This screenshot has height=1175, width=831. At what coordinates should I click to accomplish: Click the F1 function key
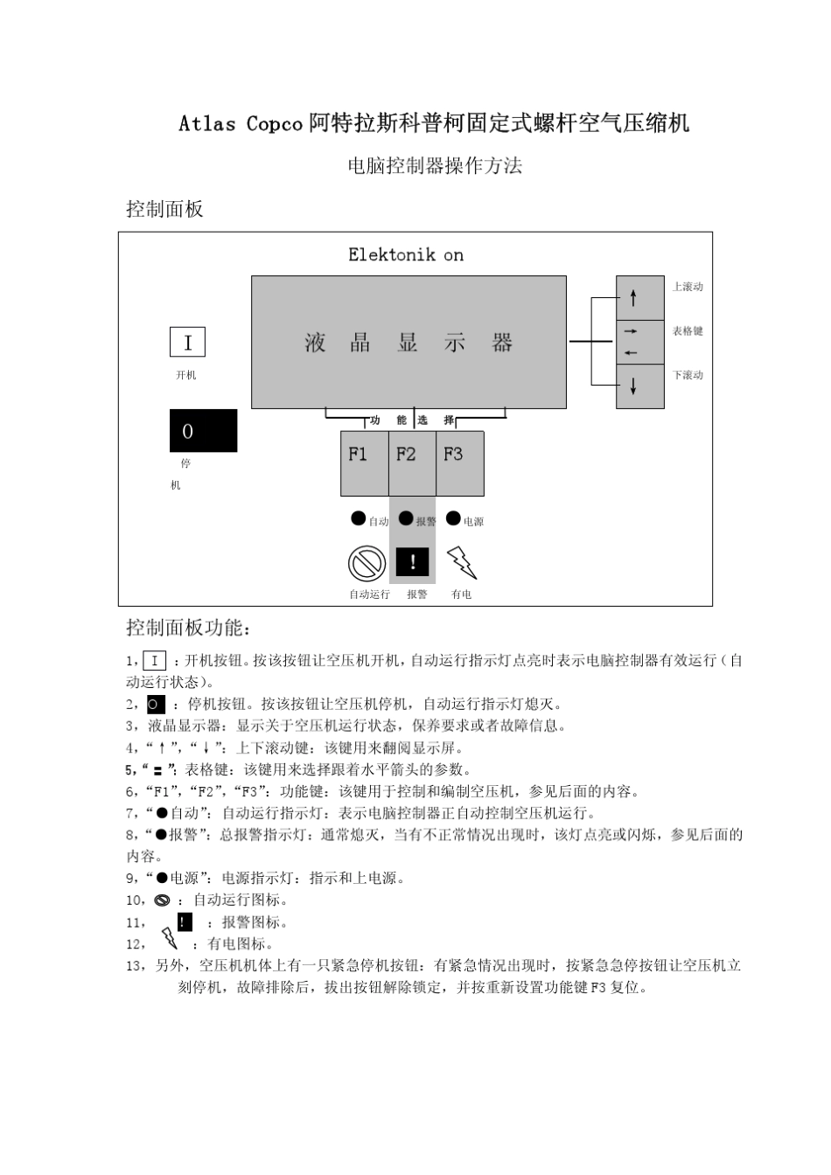click(x=364, y=462)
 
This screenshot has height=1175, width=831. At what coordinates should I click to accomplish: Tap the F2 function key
click(x=412, y=462)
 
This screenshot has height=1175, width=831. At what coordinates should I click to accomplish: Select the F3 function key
click(x=460, y=462)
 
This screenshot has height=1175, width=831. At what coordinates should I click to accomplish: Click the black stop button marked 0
click(x=203, y=430)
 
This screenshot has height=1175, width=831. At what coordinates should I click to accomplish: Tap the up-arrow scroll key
click(x=639, y=298)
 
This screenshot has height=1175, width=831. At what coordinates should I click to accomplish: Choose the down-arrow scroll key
click(x=639, y=386)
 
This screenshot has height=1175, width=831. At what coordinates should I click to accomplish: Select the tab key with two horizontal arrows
click(x=639, y=342)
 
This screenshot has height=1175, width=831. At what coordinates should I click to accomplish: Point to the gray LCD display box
click(x=409, y=342)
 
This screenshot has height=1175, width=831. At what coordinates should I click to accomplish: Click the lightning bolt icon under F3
click(x=461, y=563)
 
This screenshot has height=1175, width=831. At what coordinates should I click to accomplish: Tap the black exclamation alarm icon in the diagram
click(x=413, y=562)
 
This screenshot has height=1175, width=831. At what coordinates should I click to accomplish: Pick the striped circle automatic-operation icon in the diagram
click(x=367, y=563)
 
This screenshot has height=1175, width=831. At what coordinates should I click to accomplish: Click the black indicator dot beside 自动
click(x=358, y=518)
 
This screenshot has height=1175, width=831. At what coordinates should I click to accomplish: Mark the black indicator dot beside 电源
click(x=453, y=518)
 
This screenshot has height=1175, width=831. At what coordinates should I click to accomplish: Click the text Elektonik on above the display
click(x=406, y=255)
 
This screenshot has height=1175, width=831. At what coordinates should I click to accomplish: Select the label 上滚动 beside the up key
click(x=688, y=287)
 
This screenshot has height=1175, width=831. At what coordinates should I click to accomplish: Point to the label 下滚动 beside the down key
click(x=688, y=375)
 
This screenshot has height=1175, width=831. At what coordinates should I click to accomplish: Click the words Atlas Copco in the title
click(x=241, y=124)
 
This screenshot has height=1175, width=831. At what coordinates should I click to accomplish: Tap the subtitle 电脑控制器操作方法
click(x=435, y=166)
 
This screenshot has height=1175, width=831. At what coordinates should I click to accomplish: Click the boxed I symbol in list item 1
click(x=154, y=661)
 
